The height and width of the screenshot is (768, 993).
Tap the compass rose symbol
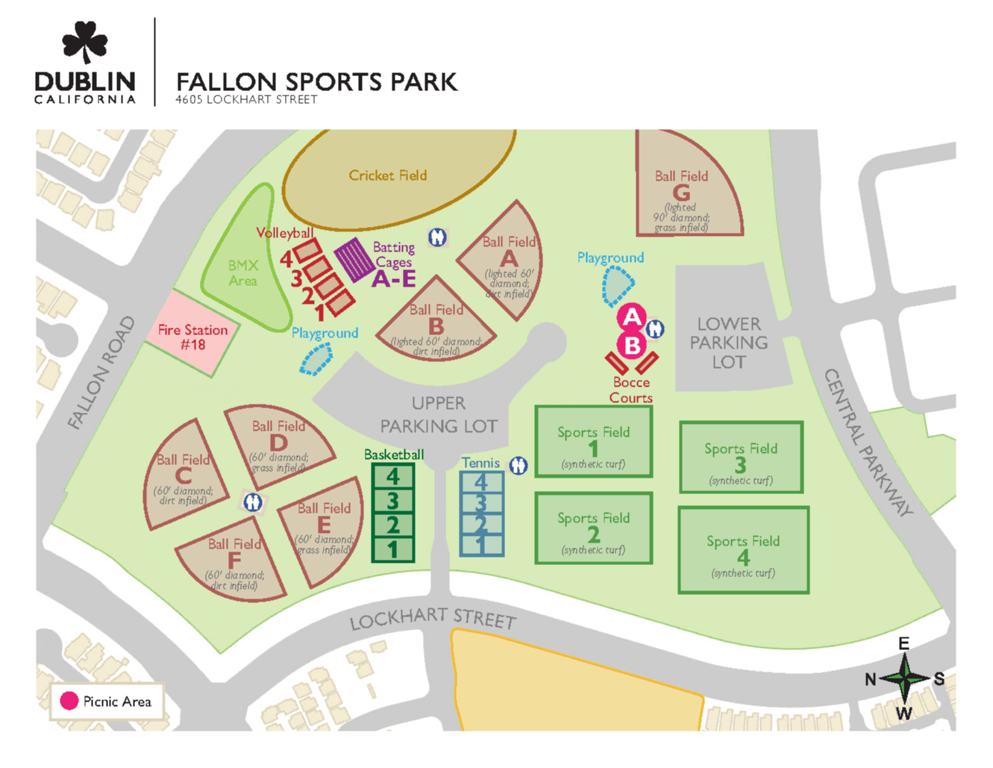pos(904,678)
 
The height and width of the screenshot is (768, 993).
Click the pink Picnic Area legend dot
pos(69,702)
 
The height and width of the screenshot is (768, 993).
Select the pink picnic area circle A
pos(632,317)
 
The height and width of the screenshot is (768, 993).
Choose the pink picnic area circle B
pos(632,346)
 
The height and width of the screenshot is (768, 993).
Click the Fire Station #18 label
pos(192,337)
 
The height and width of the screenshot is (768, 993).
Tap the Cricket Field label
pos(387,175)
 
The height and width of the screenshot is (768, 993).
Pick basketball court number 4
pos(393,476)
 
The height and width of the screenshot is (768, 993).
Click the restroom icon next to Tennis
pos(519,465)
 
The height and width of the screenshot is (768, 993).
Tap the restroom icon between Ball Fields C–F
pos(253,502)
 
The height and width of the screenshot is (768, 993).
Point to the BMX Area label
pos(242,273)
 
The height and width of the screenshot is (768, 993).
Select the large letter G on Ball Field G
pos(681,193)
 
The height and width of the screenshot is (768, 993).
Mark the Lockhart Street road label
pos(433,618)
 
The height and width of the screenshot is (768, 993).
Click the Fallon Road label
pos(101,373)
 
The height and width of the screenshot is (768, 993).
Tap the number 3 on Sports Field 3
pos(740,465)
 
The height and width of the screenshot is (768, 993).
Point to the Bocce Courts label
pos(631,390)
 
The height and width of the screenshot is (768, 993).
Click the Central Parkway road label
pos(868,443)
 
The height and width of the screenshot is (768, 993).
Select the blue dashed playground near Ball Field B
pos(316,359)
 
